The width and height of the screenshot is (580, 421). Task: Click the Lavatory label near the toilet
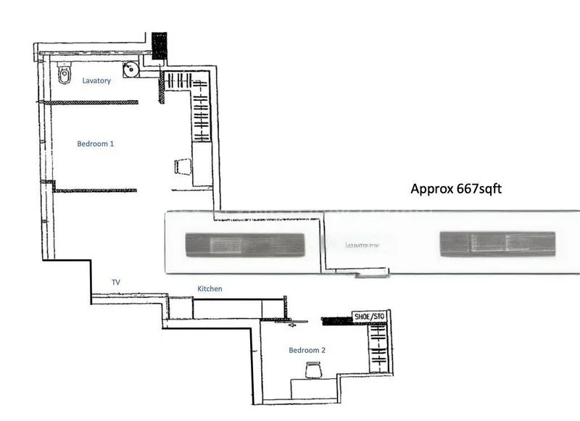coord(96,81)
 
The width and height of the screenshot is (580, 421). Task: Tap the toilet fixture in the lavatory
coord(64,73)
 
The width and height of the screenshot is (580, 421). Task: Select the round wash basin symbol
coord(130,70)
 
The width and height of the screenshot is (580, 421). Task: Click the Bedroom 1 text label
coord(96,144)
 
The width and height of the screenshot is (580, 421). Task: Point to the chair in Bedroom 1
coord(183,167)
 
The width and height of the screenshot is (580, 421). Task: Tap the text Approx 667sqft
coord(456,189)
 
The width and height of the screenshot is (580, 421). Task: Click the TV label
coord(115,281)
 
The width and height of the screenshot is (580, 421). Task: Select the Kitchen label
coord(210,289)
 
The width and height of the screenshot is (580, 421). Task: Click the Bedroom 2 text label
coord(307,351)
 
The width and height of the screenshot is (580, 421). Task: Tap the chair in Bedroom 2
coord(313,369)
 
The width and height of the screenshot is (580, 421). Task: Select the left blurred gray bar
coord(243,244)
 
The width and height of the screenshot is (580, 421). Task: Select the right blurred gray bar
coord(497,244)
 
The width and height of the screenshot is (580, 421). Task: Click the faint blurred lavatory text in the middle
coord(363,246)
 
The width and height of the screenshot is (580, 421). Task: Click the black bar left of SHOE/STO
coord(336,319)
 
